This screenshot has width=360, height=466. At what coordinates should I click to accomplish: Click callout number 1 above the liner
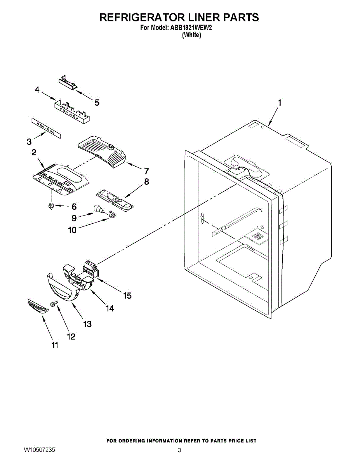coord(279,103)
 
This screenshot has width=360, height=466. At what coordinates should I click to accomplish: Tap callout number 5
coord(97,103)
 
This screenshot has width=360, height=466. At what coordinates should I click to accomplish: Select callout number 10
coord(72,230)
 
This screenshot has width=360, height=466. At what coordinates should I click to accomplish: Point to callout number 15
coord(127,296)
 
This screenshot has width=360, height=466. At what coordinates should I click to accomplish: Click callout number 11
coord(55,345)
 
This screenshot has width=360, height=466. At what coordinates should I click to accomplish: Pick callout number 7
coord(146,171)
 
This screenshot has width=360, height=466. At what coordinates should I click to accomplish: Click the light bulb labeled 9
coord(99,210)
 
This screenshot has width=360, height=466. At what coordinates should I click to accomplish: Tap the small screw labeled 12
coord(54,303)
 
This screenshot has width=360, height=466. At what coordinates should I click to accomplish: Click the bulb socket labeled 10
coord(113,213)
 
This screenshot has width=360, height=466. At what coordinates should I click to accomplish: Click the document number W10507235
coord(39,450)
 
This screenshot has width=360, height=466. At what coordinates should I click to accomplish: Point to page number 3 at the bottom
coord(179,450)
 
